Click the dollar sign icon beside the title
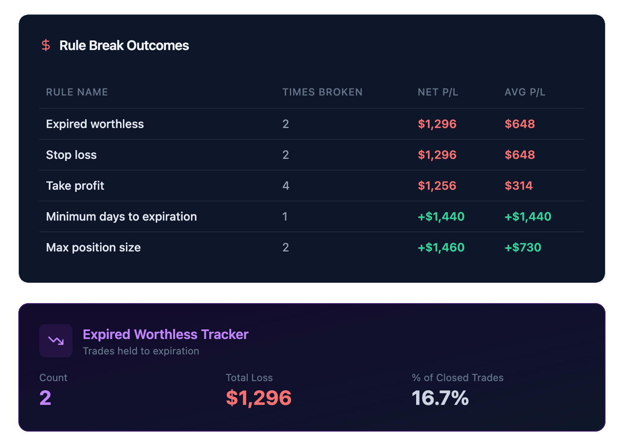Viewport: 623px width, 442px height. (x=46, y=45)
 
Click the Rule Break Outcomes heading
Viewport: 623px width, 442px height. (x=124, y=45)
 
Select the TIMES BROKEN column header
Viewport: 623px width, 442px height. (x=322, y=92)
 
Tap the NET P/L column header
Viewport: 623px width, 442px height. (x=438, y=92)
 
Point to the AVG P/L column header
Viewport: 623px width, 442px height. (x=525, y=92)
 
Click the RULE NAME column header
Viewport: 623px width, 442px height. (x=77, y=92)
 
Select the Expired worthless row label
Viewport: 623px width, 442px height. (x=95, y=124)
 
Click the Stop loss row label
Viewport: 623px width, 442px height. (x=71, y=155)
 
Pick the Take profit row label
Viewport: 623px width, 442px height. (x=75, y=186)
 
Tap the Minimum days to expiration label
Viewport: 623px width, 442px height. (x=121, y=216)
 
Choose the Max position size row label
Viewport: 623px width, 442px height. (x=93, y=247)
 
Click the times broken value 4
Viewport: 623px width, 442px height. (x=286, y=186)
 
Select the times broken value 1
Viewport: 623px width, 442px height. (x=285, y=216)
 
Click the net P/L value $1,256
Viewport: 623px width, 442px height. (x=437, y=186)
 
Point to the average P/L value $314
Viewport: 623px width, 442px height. (x=518, y=186)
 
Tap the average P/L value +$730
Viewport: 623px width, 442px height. (x=523, y=247)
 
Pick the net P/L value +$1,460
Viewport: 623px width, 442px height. (x=441, y=247)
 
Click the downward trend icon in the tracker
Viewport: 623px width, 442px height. (x=56, y=341)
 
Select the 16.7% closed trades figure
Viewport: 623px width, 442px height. (x=440, y=398)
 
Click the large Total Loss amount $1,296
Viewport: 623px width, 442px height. (x=259, y=398)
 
